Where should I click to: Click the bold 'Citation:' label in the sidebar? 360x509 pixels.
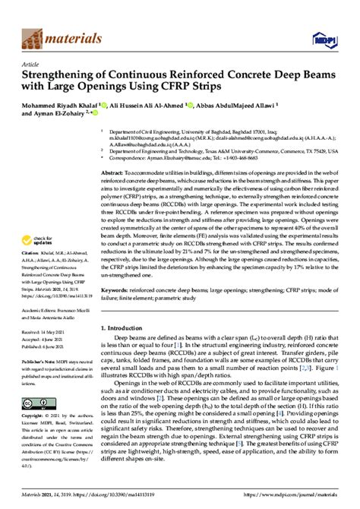(33, 272)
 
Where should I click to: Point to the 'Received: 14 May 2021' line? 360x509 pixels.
(52, 334)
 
